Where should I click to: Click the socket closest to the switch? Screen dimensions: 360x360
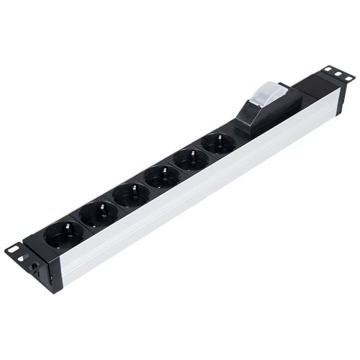(x=218, y=143)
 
